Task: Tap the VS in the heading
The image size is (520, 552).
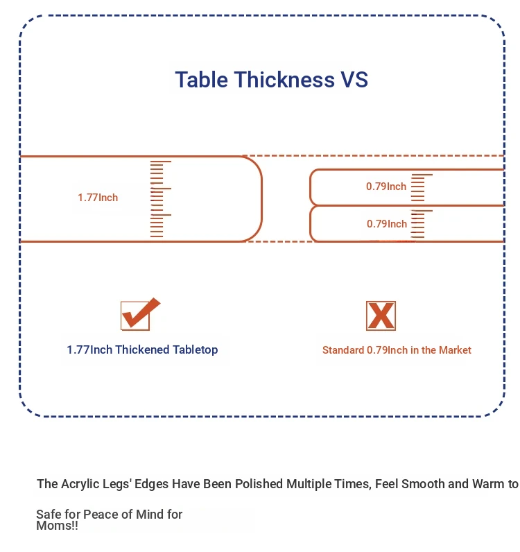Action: point(354,80)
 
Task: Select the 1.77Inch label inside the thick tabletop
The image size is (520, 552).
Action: point(98,198)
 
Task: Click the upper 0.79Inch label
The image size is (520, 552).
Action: point(386,187)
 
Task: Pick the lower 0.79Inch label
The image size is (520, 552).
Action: point(387,224)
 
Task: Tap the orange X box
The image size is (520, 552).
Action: point(381,316)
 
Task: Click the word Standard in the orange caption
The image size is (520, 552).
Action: point(343,350)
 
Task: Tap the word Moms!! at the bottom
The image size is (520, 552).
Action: point(57,526)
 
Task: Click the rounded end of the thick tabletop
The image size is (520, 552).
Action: point(262,199)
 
